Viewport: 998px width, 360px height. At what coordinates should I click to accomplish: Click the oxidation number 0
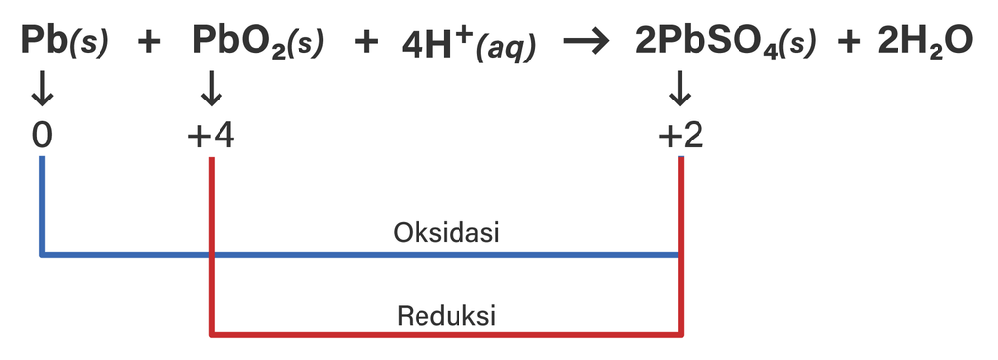41,136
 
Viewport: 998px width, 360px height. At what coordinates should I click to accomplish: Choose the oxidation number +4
211,136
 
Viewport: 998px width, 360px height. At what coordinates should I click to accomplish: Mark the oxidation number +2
680,136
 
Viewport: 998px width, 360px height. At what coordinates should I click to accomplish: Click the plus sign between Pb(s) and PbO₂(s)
148,43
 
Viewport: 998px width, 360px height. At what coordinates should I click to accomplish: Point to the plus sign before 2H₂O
849,43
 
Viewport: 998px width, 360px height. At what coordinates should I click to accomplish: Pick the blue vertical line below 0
42,205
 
